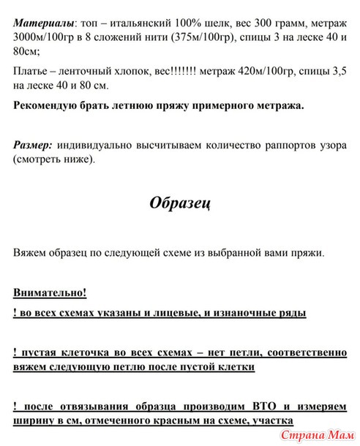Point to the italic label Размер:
(33, 144)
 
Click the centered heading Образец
(180, 203)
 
